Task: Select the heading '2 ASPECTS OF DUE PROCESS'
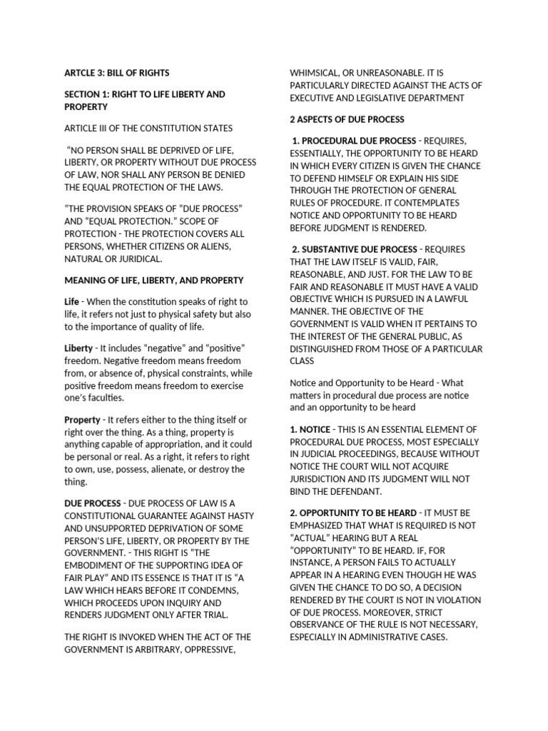click(347, 119)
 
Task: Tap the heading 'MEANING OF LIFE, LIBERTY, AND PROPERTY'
click(153, 280)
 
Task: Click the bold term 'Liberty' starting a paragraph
click(78, 348)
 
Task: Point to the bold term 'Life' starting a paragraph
click(71, 302)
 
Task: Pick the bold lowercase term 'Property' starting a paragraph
click(82, 420)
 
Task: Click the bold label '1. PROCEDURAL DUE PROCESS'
click(355, 141)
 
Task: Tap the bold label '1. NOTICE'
click(310, 429)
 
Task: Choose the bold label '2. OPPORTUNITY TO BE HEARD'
click(353, 513)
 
